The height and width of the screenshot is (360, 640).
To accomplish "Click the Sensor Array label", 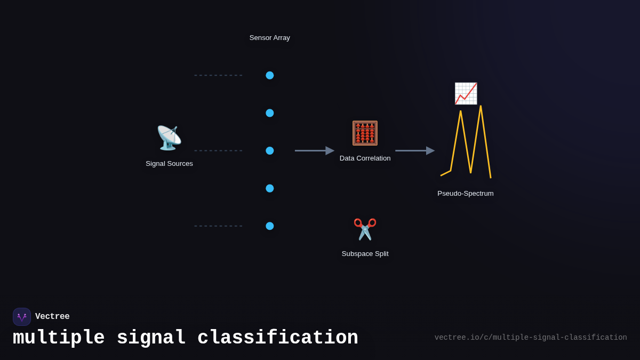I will point(270,38).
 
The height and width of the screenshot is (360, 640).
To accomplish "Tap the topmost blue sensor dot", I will point(270,75).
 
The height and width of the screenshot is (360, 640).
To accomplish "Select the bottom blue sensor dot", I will point(270,226).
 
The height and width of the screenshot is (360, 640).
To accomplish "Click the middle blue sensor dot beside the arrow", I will point(270,151).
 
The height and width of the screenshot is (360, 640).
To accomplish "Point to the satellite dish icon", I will point(169,138).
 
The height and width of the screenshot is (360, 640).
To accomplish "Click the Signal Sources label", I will point(169,164).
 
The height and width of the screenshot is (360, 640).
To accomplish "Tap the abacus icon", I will point(365,133).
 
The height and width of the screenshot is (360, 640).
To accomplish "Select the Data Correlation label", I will point(365,158).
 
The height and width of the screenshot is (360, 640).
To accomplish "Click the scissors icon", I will point(365,229).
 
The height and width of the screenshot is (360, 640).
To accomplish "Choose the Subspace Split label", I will point(365,254).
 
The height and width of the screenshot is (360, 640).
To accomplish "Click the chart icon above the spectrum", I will point(466,93).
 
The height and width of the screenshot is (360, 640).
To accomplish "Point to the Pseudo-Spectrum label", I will point(466,194).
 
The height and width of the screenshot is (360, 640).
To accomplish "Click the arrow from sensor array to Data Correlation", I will point(314,151).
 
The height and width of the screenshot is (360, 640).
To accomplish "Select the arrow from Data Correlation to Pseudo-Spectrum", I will point(414,151).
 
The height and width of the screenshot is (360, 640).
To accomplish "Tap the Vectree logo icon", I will point(22,317).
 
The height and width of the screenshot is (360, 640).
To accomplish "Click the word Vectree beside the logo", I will point(52,317).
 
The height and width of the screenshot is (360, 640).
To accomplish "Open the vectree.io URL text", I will point(531,338).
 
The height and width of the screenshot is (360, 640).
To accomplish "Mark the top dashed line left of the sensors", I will point(218,75).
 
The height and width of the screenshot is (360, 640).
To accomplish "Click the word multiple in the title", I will point(59,338).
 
